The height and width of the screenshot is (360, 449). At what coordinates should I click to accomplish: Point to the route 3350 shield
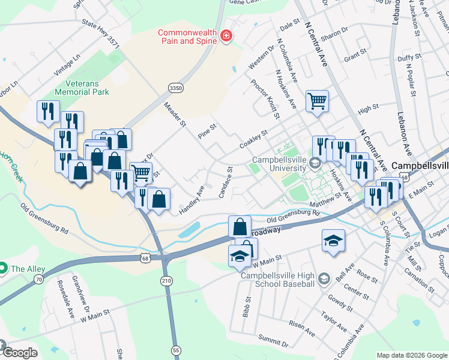pos(175,88)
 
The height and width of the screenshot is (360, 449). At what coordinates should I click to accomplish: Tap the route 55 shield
pos(176,349)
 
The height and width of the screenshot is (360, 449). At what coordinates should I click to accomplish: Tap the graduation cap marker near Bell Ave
pos(333,241)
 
